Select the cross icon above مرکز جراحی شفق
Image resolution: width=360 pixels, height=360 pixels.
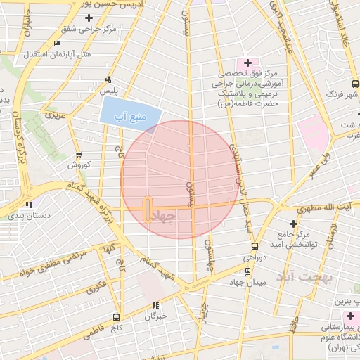pyautogui.click(x=88, y=18)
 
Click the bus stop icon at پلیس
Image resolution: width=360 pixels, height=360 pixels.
pyautogui.click(x=108, y=80)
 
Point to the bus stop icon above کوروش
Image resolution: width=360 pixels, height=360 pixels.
pyautogui.click(x=78, y=155)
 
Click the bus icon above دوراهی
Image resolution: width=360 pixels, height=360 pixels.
pyautogui.click(x=254, y=247)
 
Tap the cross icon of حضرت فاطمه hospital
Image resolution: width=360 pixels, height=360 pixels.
pyautogui.click(x=247, y=63)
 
